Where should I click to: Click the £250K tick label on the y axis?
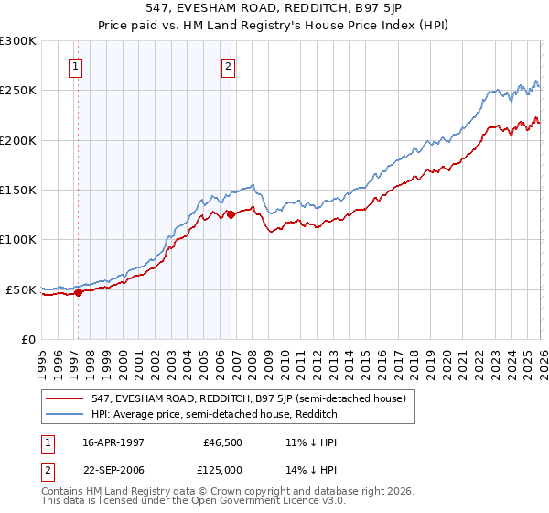point(18,91)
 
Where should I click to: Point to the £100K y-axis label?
point(18,240)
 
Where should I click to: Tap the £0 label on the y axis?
point(27,339)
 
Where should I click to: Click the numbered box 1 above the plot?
point(75,66)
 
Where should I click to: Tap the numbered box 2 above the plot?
point(227,66)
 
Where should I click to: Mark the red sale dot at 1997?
point(79,293)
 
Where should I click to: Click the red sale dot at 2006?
point(231,215)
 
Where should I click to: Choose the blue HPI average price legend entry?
point(214,415)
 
